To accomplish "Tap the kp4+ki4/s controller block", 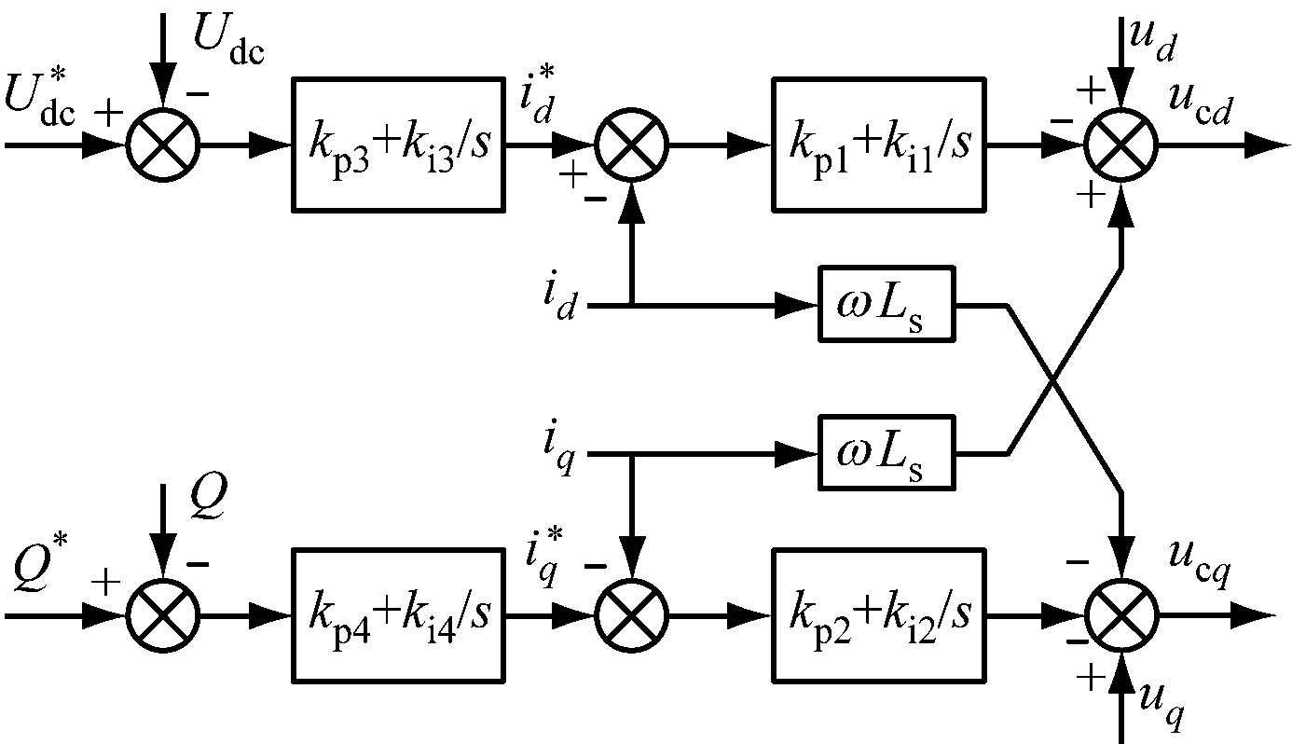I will coord(399,615).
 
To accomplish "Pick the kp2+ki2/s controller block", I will coord(879,615).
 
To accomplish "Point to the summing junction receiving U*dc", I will coord(163,145).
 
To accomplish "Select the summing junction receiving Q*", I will coord(163,616).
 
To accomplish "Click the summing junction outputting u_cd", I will coord(1121,145).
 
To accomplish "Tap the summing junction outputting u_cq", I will coord(1121,616).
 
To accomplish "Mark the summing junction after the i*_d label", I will coord(632,145).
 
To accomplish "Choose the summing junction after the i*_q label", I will coord(632,616).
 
